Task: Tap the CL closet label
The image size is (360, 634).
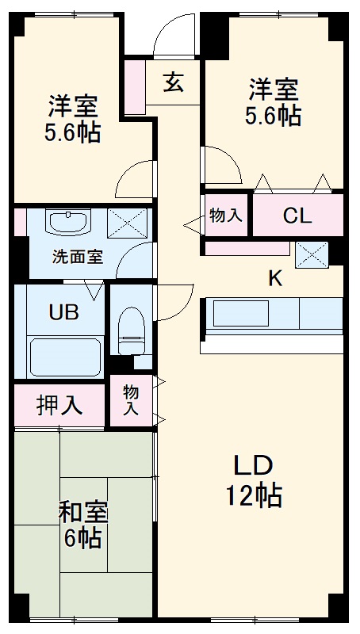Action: coord(297,216)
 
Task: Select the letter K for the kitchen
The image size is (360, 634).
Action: coord(274,277)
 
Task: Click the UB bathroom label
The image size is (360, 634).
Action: coord(64,311)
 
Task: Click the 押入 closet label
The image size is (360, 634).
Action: coord(59,405)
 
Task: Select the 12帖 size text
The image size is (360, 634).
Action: coord(253,497)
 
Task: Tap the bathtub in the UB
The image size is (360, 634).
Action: coord(65,355)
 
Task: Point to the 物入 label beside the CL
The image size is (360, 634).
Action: coord(226,215)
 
